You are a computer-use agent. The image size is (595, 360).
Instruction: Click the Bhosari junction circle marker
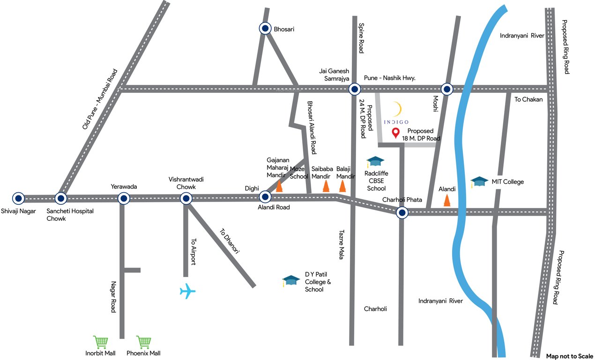265,29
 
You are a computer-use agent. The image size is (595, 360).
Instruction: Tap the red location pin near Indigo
395,134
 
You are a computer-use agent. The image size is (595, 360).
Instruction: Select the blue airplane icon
187,291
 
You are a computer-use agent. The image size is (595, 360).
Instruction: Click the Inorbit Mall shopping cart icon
101,342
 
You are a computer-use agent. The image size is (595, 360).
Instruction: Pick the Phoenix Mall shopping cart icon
143,342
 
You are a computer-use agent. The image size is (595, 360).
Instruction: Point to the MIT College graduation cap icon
479,181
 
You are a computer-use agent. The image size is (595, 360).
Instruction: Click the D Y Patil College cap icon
291,280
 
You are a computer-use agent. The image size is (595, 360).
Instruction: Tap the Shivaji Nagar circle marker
18,198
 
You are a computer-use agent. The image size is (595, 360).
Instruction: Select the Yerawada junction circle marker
124,198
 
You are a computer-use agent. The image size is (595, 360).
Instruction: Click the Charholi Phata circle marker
402,213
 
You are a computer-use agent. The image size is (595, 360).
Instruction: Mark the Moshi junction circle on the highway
447,89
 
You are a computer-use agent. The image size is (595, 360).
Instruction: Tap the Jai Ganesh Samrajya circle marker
355,89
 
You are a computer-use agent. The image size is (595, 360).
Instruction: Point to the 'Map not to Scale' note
570,356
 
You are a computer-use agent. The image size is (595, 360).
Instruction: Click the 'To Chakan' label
528,99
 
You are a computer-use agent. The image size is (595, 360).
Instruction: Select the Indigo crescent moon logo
397,109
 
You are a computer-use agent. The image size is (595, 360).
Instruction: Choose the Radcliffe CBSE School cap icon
375,162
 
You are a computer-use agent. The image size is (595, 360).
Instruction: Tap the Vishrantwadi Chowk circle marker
186,199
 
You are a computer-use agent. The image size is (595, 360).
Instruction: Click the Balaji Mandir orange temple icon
343,187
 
